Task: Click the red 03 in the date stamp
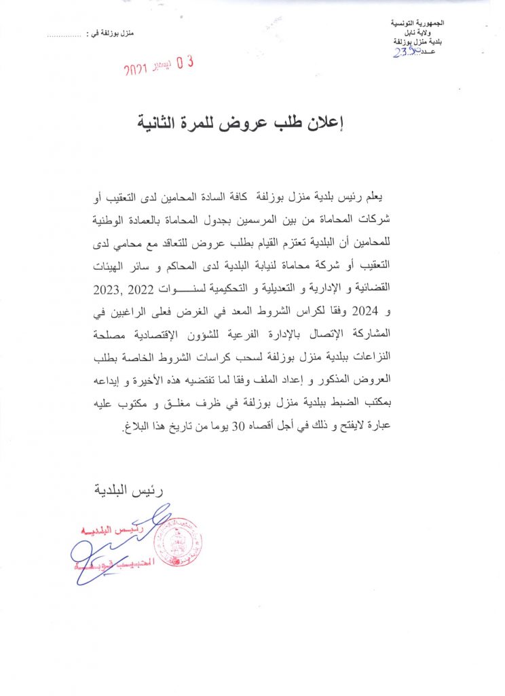185,64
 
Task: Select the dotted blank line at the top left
66,33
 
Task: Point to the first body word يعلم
390,197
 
